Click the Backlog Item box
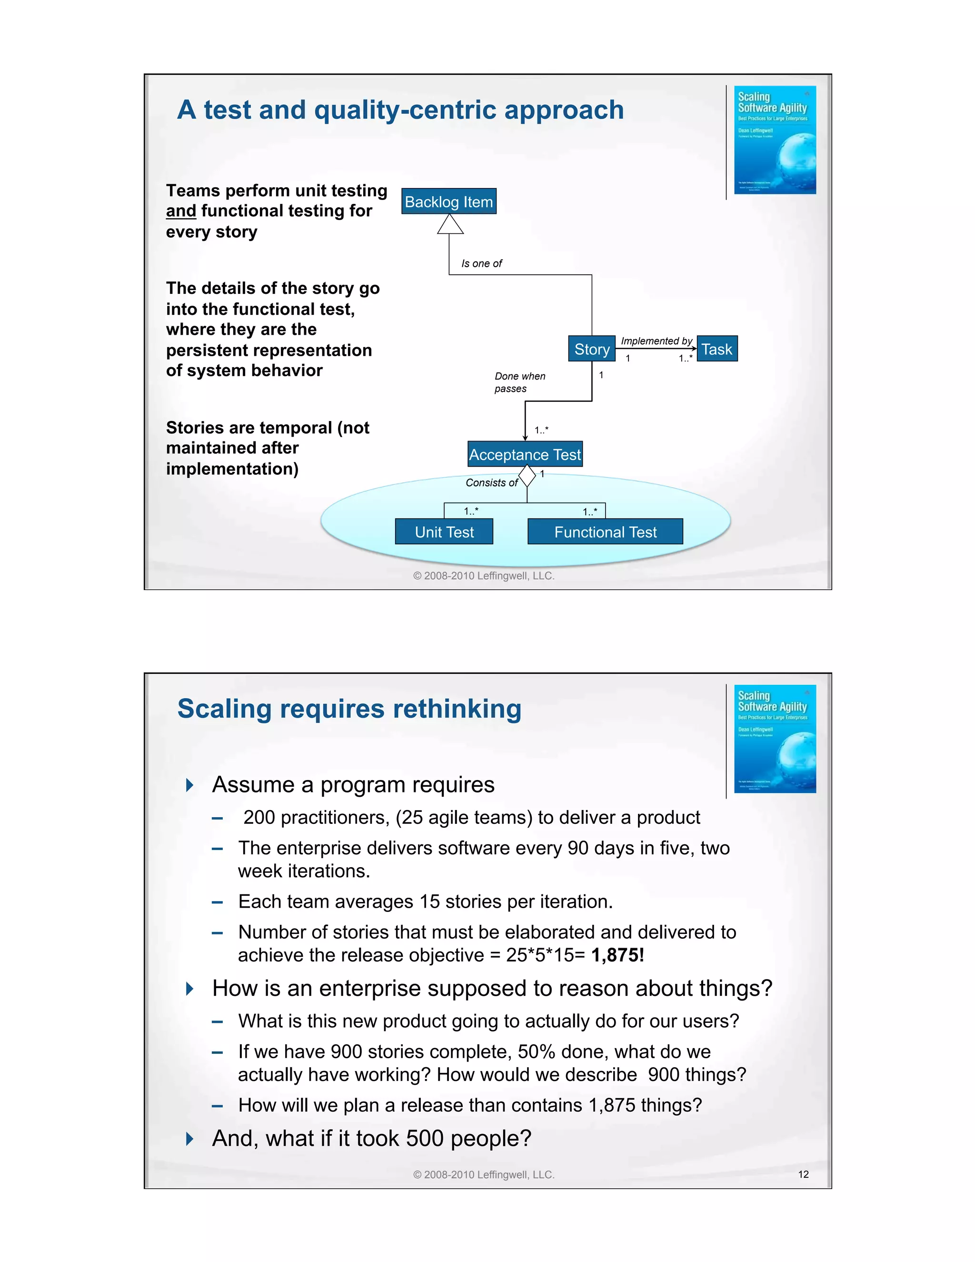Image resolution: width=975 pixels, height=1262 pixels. [x=449, y=201]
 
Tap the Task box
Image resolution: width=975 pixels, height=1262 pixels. [x=717, y=349]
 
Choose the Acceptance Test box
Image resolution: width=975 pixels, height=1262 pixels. [x=525, y=455]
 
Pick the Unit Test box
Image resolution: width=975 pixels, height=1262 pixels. [x=444, y=531]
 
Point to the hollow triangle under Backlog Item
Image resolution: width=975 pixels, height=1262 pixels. [x=450, y=225]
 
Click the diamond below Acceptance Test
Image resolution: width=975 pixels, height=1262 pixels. [x=527, y=476]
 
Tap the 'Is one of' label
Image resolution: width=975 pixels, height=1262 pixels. [x=481, y=263]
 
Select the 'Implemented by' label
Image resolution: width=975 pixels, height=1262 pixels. [x=656, y=341]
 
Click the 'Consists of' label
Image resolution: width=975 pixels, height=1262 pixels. [x=491, y=482]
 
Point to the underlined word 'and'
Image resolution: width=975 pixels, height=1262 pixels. [x=181, y=211]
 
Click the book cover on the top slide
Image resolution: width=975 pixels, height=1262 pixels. [x=775, y=140]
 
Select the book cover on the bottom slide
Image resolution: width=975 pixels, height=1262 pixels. [x=775, y=739]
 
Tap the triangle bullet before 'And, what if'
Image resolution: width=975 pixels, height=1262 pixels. [x=189, y=1139]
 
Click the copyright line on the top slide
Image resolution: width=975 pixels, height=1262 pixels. [x=484, y=576]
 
